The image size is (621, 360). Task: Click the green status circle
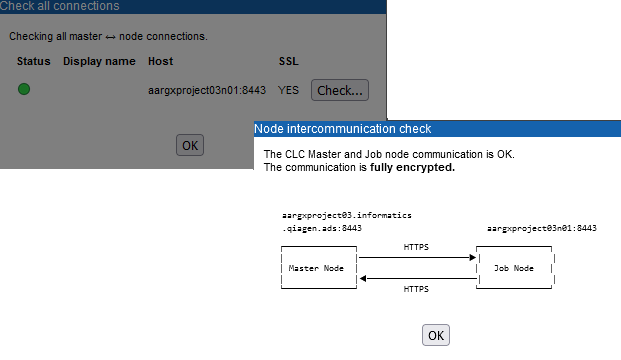click(x=24, y=90)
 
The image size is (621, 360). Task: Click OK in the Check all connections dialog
click(x=190, y=145)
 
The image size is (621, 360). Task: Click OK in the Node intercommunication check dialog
click(x=436, y=335)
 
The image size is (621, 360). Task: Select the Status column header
click(x=33, y=62)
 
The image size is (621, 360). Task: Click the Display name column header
click(x=99, y=62)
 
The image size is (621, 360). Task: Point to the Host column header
click(x=160, y=62)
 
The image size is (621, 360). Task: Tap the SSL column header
click(x=288, y=62)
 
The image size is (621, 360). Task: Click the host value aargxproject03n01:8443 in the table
click(x=207, y=90)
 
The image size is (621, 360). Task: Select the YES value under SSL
click(x=289, y=90)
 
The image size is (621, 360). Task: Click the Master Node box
click(x=318, y=268)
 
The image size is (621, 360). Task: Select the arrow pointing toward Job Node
click(x=417, y=257)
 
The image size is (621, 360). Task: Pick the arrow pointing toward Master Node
click(x=417, y=279)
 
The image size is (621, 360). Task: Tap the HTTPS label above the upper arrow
click(x=417, y=246)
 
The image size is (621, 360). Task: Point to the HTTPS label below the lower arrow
click(x=417, y=290)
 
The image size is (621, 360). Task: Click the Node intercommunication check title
click(x=343, y=129)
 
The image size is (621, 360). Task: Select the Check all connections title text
click(x=60, y=6)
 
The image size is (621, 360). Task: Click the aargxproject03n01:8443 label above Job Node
click(x=541, y=228)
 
